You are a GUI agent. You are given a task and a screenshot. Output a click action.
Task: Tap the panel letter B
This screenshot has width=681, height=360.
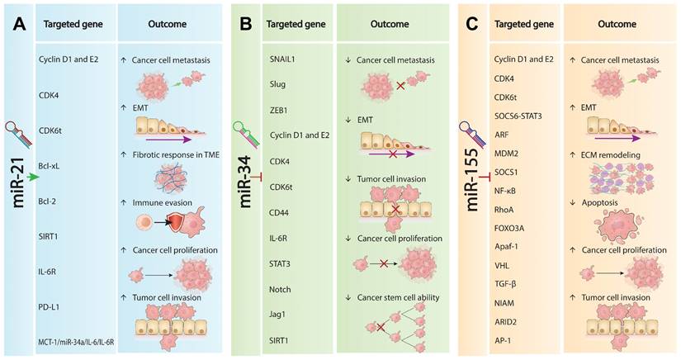(245, 26)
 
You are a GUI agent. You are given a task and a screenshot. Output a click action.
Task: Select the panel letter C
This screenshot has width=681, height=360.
(471, 26)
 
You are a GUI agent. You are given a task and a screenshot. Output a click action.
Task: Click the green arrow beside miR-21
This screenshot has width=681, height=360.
(32, 177)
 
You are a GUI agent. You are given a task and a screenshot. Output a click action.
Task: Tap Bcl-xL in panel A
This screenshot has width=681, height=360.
(51, 177)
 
